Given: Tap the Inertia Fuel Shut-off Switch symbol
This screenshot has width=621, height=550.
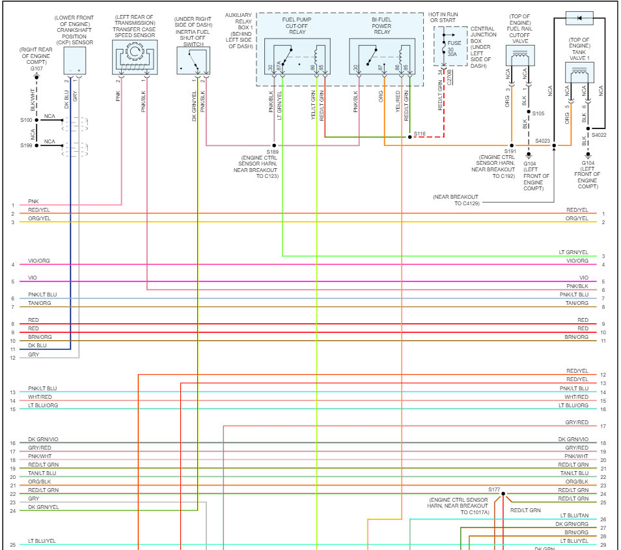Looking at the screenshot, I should (x=193, y=61).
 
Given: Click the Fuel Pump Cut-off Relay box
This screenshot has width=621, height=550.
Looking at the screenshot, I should (x=297, y=57).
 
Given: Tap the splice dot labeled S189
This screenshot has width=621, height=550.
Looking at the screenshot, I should (x=275, y=145).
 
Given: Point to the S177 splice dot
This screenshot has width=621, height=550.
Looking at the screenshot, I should (x=503, y=494).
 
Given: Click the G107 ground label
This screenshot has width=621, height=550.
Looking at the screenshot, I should (x=36, y=68).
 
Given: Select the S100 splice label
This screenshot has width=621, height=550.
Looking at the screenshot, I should (x=26, y=120).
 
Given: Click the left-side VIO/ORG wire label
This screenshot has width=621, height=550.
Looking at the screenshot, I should (x=39, y=261).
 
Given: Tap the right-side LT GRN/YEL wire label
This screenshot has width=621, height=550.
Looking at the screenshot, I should (x=573, y=252).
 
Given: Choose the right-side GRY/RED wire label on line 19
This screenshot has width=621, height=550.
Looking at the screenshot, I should (x=577, y=448).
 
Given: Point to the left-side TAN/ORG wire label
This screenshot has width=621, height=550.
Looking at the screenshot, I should (x=39, y=303).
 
